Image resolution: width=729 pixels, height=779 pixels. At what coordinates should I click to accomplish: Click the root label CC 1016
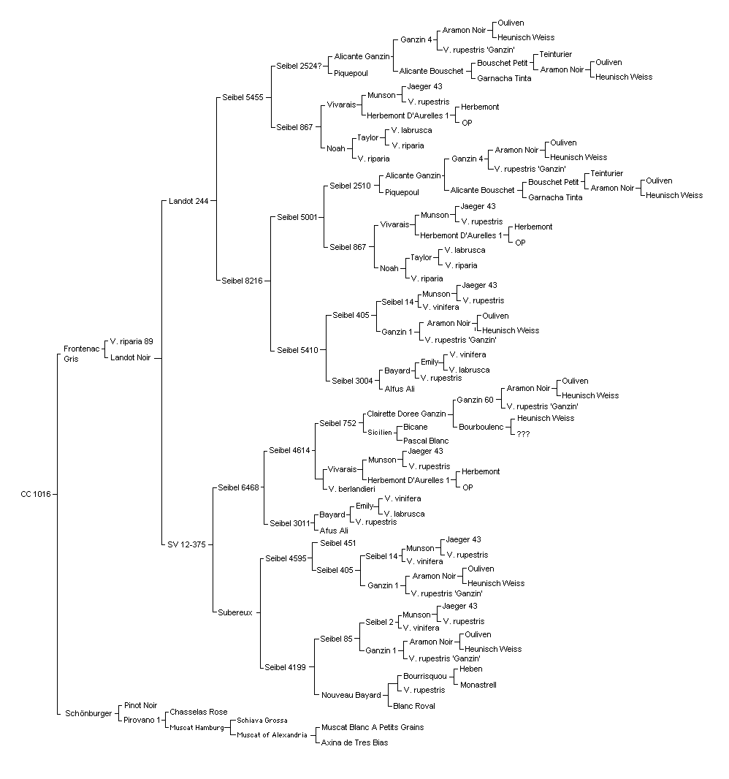(x=36, y=494)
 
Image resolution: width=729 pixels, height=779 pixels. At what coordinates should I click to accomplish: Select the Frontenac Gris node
(x=81, y=354)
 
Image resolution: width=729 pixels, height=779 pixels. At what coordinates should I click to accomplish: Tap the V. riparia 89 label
(x=131, y=342)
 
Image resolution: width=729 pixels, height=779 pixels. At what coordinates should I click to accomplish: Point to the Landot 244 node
(x=188, y=201)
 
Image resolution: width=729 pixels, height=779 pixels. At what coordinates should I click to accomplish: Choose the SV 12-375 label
(x=187, y=544)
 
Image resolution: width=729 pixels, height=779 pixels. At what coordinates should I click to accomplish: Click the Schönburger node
(x=89, y=713)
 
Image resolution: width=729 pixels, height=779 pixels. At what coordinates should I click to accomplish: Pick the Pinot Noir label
(x=140, y=705)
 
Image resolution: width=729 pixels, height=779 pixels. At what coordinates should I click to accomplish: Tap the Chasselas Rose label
(x=199, y=712)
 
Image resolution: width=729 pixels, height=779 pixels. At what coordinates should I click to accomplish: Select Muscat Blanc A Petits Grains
(x=373, y=727)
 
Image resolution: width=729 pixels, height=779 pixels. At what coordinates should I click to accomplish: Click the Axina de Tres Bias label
(x=354, y=742)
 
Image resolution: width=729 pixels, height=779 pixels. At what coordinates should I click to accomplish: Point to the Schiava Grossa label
(x=262, y=721)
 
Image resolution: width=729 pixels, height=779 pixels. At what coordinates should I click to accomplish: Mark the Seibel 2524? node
(x=299, y=66)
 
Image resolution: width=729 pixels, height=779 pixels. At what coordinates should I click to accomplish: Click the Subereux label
(x=235, y=612)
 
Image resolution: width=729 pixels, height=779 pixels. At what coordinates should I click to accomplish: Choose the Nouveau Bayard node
(x=351, y=695)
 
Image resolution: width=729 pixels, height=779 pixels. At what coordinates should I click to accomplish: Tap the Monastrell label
(x=478, y=685)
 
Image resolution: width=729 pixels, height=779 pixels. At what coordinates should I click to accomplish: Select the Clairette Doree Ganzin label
(x=407, y=414)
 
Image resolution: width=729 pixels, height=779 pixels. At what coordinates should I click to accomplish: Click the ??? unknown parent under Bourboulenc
(x=524, y=434)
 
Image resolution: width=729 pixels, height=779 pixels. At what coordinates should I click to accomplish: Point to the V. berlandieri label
(x=352, y=489)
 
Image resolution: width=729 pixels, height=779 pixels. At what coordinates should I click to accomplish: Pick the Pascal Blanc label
(x=426, y=441)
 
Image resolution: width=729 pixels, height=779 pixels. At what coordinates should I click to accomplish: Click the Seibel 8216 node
(x=242, y=281)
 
